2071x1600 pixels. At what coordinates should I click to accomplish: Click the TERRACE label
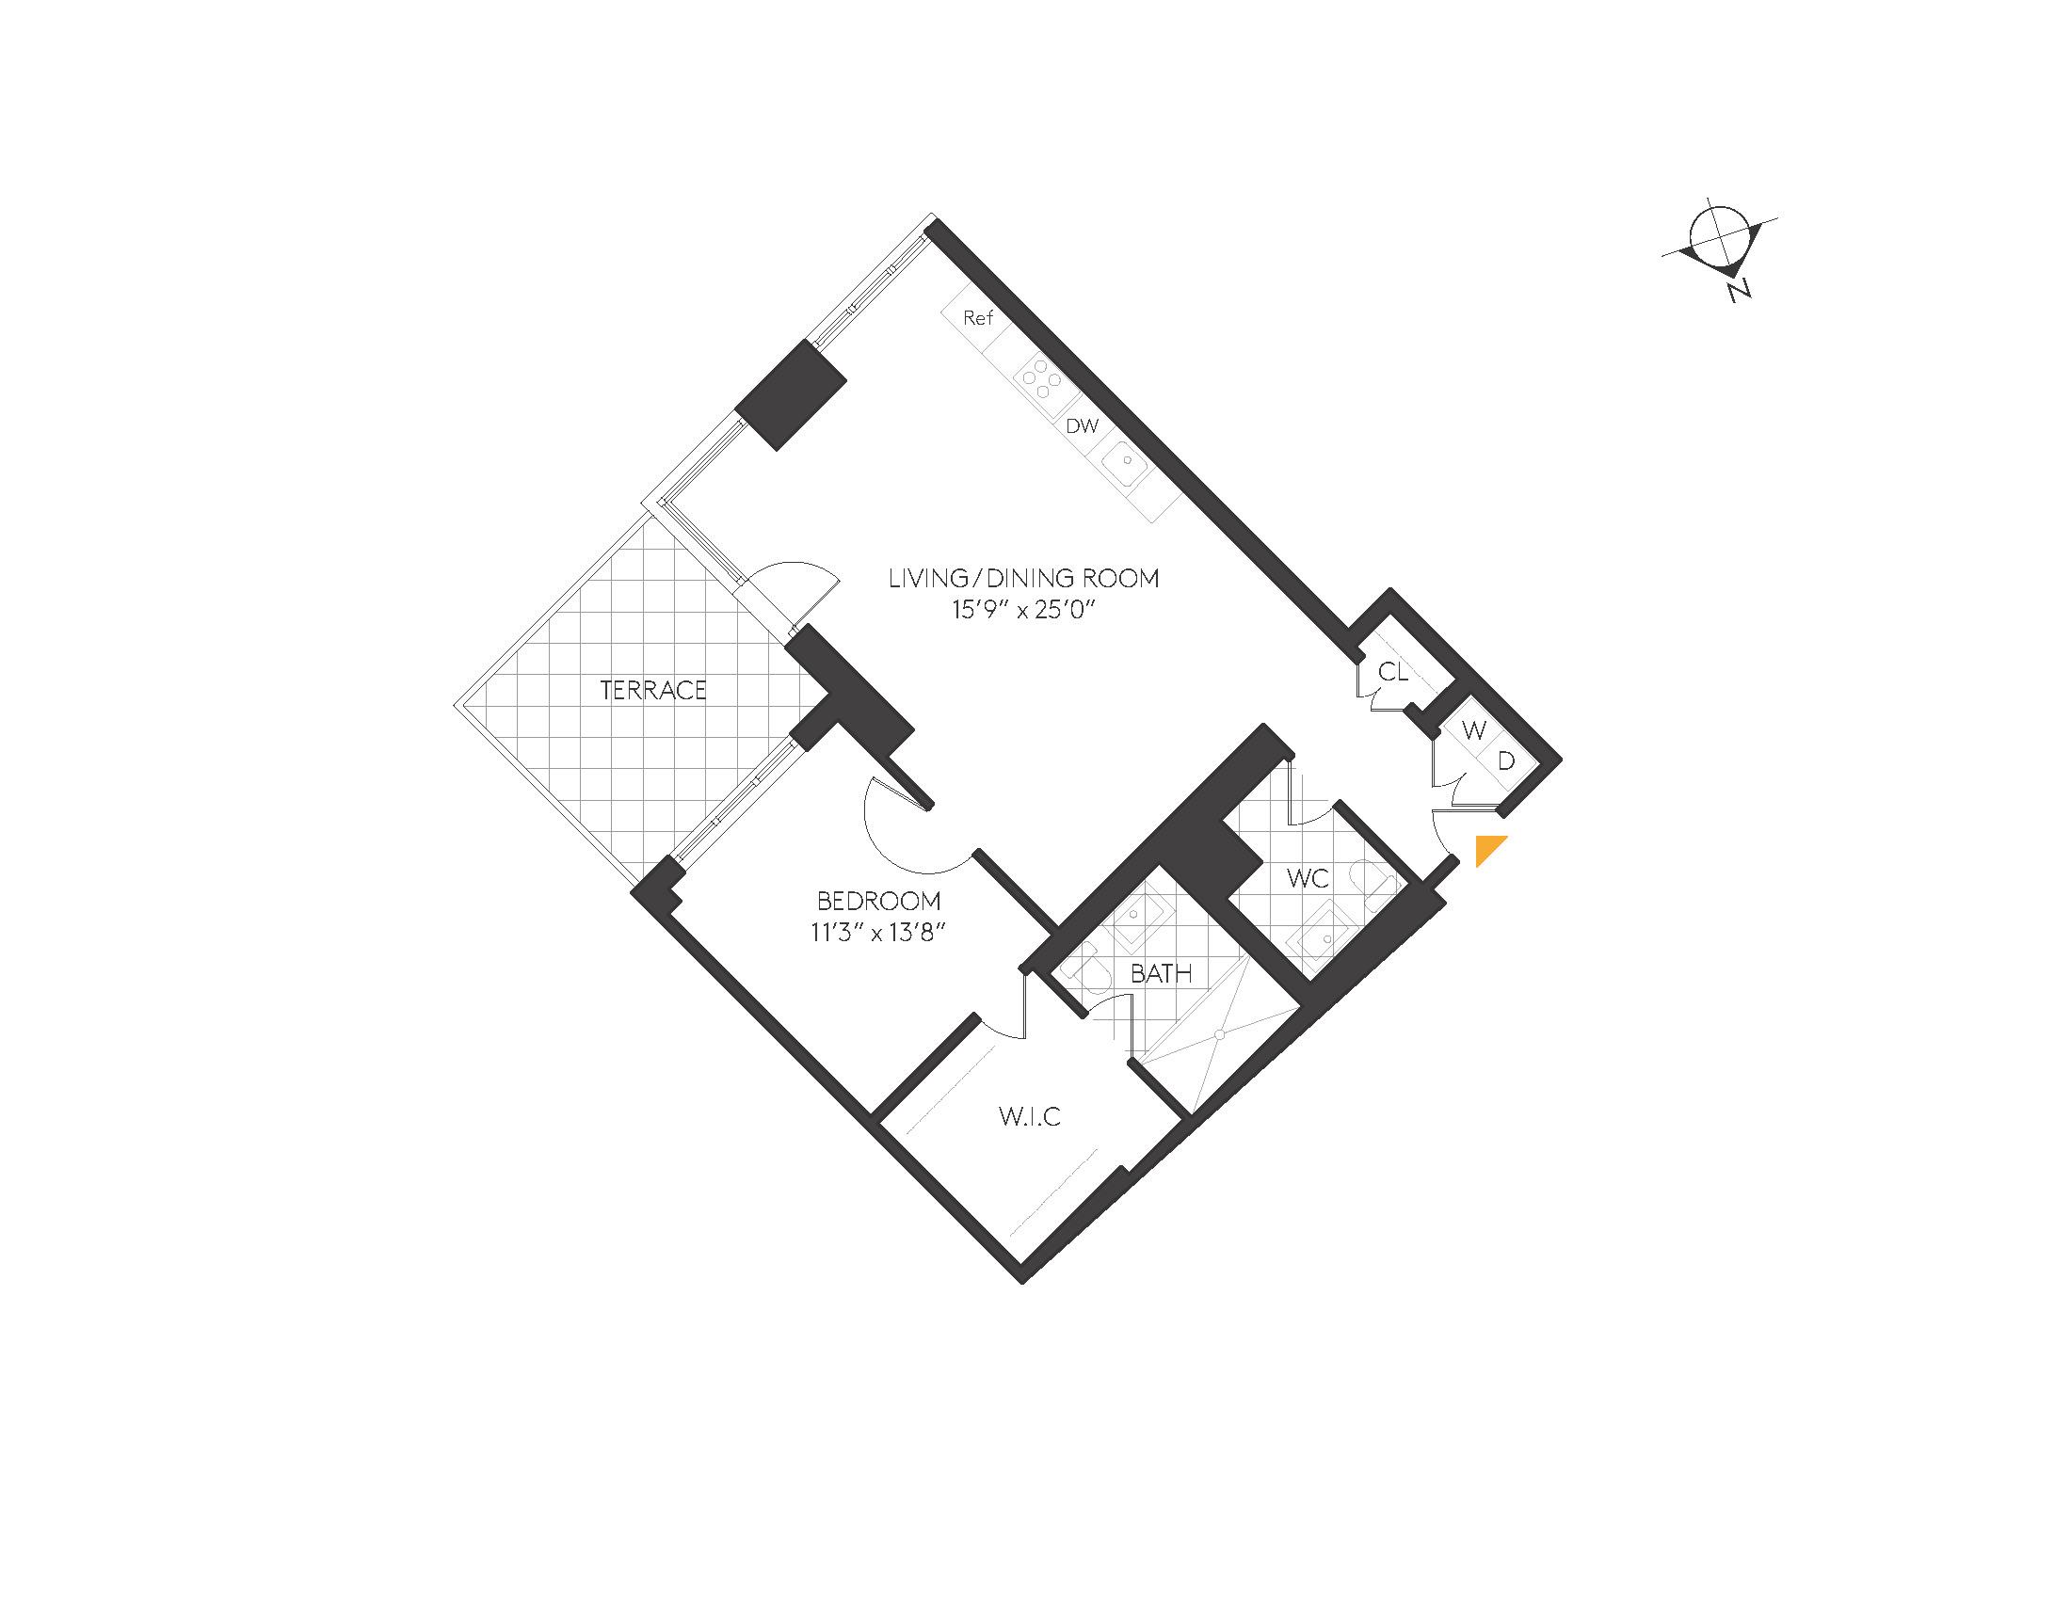click(653, 690)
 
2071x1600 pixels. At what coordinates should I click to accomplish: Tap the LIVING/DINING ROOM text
click(1023, 578)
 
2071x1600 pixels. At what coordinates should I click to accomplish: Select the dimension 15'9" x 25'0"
click(1023, 610)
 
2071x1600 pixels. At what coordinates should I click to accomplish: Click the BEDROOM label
click(879, 901)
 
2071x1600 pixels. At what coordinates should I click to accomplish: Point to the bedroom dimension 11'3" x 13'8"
click(879, 933)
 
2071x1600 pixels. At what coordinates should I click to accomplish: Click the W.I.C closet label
click(1030, 1116)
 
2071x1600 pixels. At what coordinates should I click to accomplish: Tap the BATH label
click(1161, 973)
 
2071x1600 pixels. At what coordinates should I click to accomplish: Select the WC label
click(1308, 879)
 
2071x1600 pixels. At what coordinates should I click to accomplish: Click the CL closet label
click(1393, 672)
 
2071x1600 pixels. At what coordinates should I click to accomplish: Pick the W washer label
click(1473, 730)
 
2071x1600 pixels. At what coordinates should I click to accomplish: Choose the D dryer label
click(1506, 760)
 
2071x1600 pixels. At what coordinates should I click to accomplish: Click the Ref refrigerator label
click(978, 317)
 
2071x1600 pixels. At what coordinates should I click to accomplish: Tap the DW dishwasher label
click(1082, 425)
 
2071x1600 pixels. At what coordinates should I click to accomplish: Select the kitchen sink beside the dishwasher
click(1126, 464)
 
